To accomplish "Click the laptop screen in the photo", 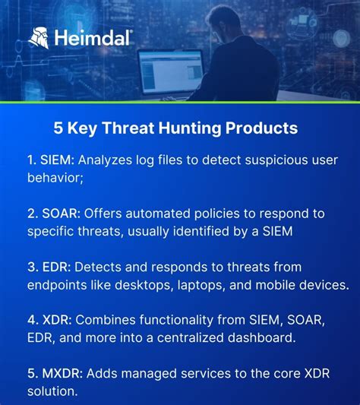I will (x=171, y=71).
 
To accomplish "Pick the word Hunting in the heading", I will (x=194, y=128).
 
